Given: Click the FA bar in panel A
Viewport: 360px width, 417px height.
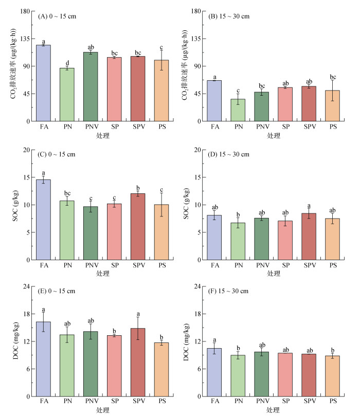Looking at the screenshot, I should (43, 83).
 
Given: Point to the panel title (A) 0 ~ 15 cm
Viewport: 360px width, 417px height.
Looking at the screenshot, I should (57, 16).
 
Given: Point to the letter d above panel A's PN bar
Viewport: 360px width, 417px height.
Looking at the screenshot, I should (67, 63).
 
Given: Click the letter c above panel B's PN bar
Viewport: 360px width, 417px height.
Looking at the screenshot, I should (238, 90).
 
